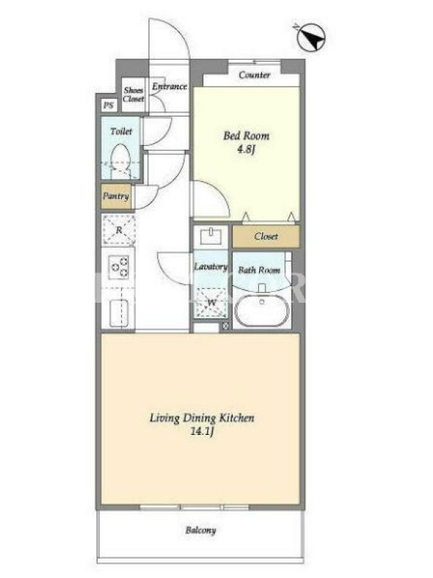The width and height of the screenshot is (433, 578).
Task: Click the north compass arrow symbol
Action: coord(310,37)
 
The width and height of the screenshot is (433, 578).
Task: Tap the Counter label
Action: coord(255,75)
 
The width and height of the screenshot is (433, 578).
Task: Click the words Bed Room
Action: coord(246,136)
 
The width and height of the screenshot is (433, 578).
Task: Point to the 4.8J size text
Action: coord(246,150)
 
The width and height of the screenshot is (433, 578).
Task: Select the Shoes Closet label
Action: coord(134,95)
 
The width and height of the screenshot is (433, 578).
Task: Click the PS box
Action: coord(108,105)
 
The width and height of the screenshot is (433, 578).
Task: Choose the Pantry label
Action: coord(116,196)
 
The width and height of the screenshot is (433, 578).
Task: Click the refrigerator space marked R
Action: coord(118,230)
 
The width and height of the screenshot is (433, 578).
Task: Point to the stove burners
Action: coord(118,267)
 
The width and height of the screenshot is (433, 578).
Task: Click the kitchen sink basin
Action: coord(119,313)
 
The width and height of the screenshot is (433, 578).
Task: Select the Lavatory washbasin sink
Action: coord(211,236)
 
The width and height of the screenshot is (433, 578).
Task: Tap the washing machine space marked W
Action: coord(211,303)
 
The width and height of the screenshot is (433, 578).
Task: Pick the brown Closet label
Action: coord(266,236)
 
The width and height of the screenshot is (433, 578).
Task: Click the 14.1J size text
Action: coord(202,431)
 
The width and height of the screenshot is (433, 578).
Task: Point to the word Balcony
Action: coord(201,530)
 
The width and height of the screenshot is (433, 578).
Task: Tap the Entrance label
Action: coord(170,87)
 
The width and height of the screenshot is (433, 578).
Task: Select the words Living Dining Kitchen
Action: coord(202,418)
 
